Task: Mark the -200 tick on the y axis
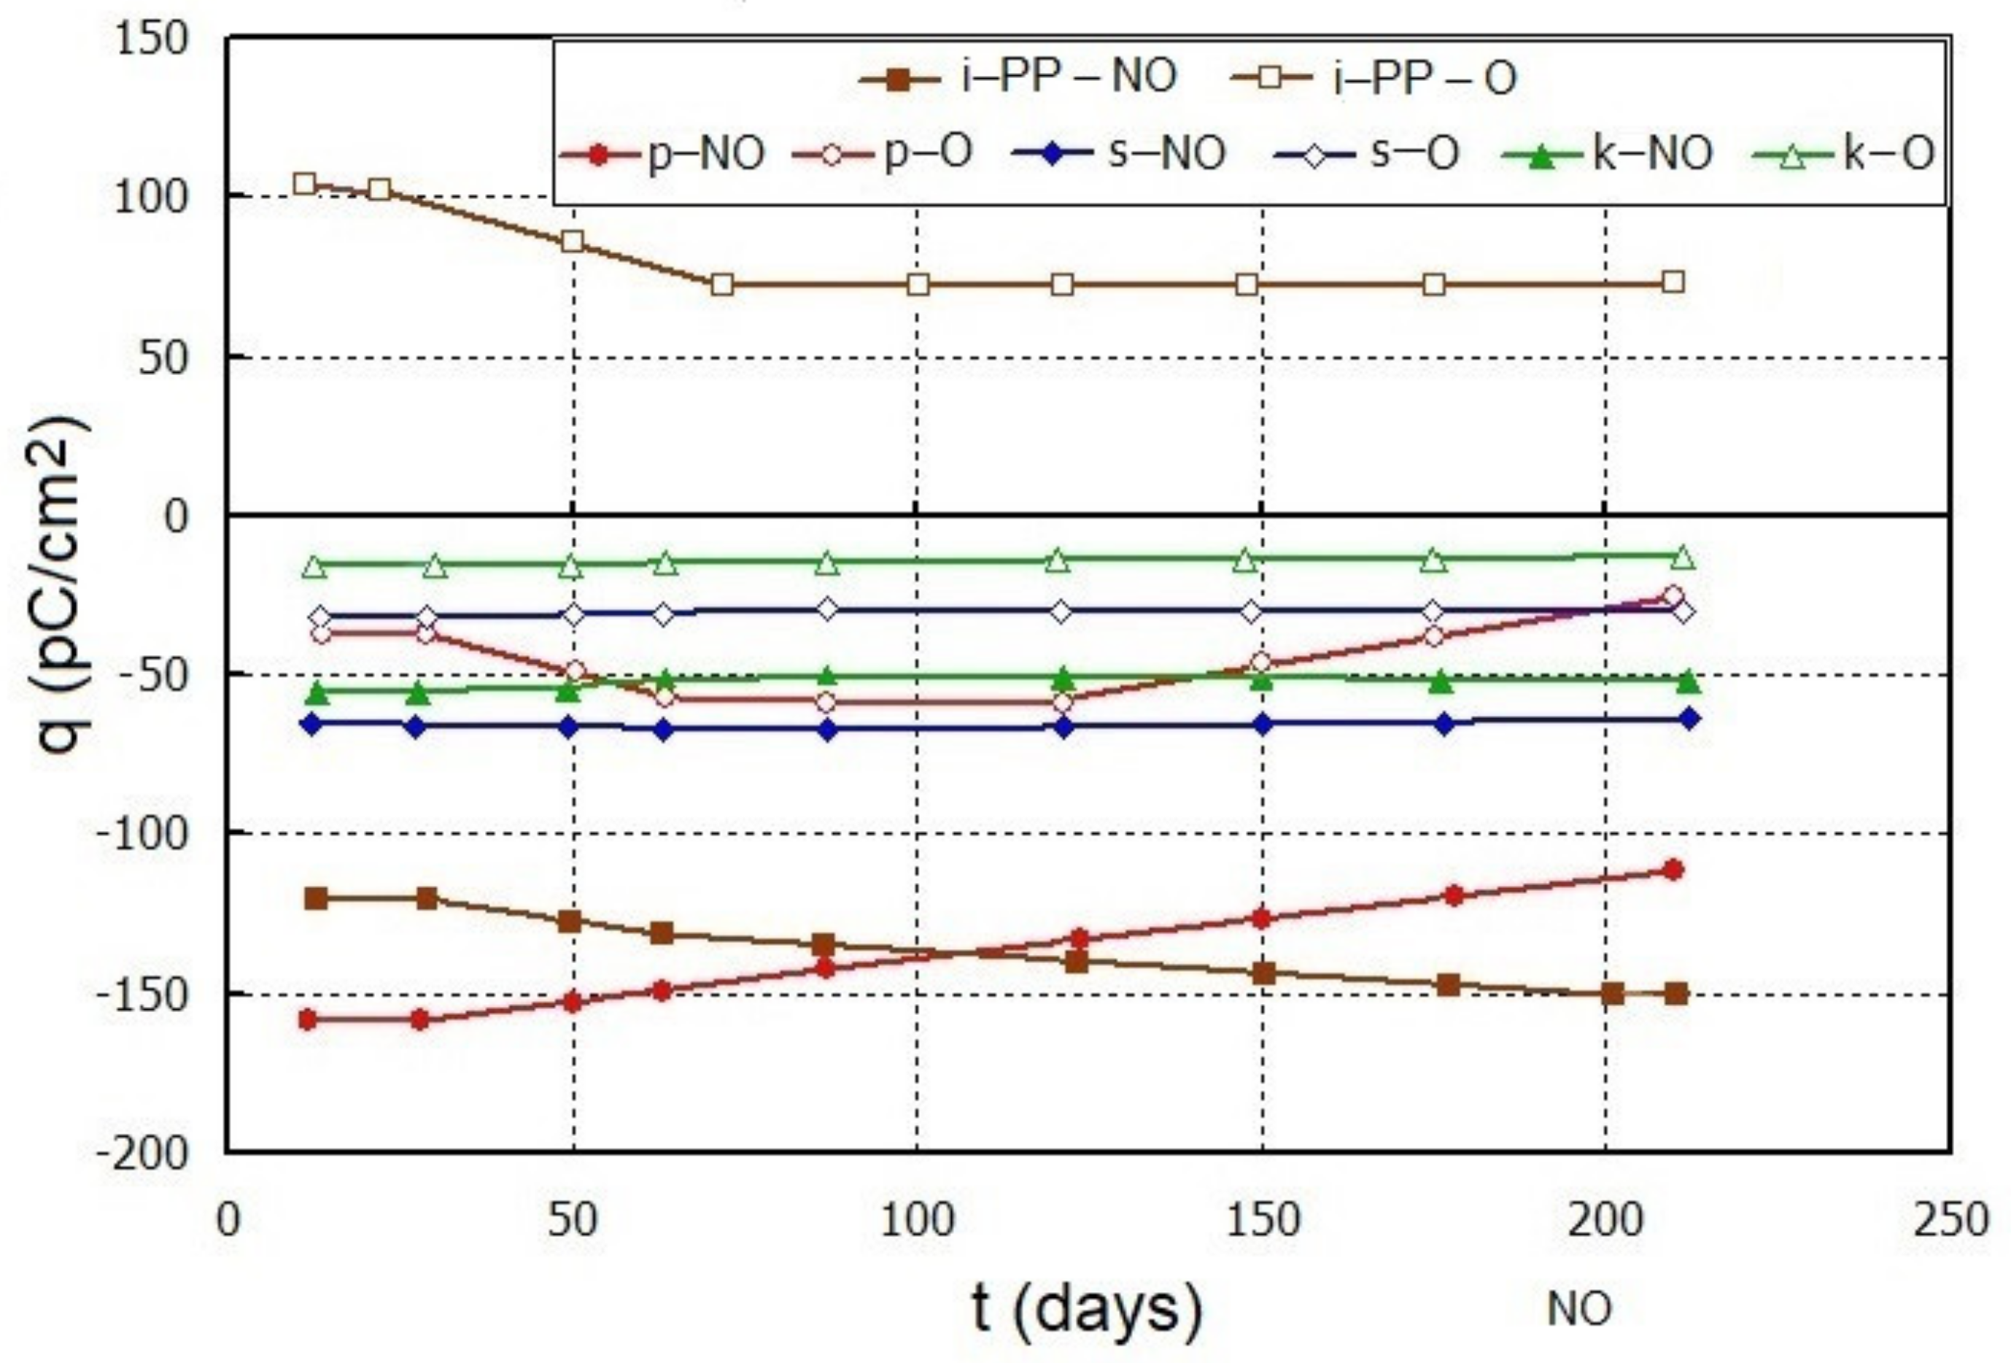click(x=143, y=1154)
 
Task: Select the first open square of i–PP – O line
click(x=303, y=183)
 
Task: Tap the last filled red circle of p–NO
click(x=1673, y=870)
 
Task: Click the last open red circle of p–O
click(x=1673, y=595)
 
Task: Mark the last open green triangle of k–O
click(x=1683, y=558)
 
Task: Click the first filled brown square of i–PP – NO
click(x=317, y=898)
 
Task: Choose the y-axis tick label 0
click(x=176, y=517)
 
